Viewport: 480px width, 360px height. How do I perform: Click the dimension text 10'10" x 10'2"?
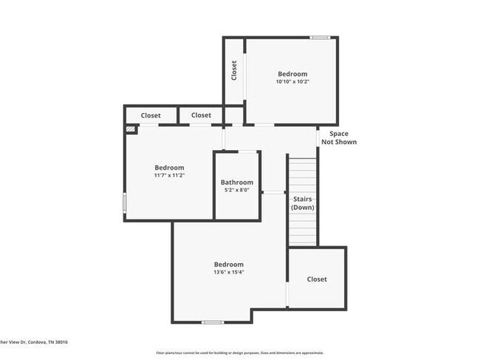click(x=292, y=82)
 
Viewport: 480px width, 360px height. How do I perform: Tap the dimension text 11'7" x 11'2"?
click(x=169, y=176)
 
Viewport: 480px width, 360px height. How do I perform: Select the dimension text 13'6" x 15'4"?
click(x=229, y=272)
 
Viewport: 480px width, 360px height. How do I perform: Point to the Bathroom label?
click(x=237, y=183)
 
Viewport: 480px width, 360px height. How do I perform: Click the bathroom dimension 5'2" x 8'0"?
click(x=237, y=190)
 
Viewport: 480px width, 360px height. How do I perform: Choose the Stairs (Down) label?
click(x=303, y=203)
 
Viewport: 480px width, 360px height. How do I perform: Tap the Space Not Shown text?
click(x=339, y=137)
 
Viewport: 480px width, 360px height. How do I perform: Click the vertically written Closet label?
click(x=234, y=70)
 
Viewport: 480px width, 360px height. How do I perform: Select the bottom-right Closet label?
click(x=317, y=279)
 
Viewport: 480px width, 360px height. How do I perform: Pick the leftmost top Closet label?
click(x=151, y=115)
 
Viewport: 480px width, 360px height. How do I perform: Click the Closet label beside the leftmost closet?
click(x=201, y=115)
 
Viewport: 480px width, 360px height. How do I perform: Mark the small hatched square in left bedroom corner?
click(x=131, y=129)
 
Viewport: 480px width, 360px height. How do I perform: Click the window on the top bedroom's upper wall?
click(x=320, y=38)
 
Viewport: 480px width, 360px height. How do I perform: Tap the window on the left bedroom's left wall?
click(x=125, y=203)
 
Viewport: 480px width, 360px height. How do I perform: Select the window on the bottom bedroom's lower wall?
click(x=213, y=322)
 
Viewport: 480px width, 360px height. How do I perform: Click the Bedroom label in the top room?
click(x=292, y=74)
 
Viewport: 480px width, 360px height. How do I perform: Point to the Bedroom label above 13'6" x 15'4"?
click(x=229, y=265)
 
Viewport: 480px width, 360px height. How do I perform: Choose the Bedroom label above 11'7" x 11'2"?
click(x=169, y=168)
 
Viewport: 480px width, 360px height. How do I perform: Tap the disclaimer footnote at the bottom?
click(x=239, y=353)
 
